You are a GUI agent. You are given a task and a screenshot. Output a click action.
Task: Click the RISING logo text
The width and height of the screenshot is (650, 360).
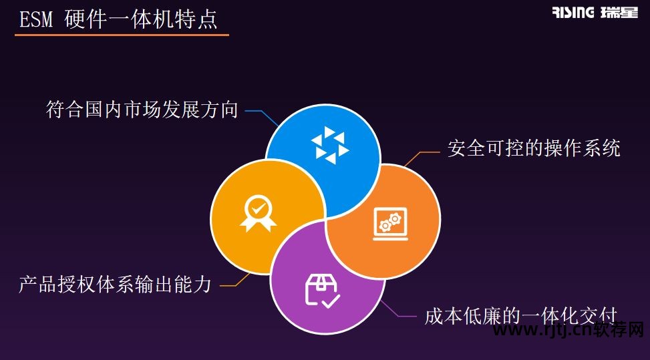click(573, 13)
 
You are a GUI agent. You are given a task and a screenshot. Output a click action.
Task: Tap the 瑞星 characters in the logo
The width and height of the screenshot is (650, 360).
click(619, 13)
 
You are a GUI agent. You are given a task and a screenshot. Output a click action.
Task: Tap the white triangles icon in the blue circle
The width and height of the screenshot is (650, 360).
click(330, 147)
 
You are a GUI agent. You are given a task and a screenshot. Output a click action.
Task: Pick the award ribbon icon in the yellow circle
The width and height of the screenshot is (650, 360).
click(258, 213)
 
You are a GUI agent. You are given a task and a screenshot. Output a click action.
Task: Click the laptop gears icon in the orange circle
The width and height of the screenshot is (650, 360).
click(389, 223)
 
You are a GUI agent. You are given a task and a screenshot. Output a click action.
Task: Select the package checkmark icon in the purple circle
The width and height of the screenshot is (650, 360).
click(322, 290)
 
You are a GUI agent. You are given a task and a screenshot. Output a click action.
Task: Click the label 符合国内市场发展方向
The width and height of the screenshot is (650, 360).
click(142, 110)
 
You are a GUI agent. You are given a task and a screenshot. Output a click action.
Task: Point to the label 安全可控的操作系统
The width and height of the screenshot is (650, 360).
click(534, 148)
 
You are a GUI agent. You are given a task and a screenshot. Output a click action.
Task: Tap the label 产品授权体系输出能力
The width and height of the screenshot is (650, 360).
click(116, 285)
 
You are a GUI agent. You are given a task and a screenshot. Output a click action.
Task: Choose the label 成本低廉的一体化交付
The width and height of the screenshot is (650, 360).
click(520, 315)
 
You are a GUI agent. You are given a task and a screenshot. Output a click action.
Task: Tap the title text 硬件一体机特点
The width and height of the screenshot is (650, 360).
click(141, 20)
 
